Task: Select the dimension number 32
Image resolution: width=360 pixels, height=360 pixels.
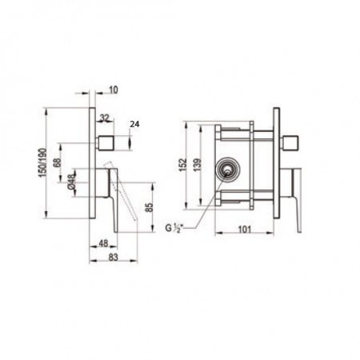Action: click(x=105, y=117)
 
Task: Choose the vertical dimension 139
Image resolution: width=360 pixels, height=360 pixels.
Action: click(x=205, y=166)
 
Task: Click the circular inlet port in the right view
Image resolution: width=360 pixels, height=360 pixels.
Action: click(x=230, y=170)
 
